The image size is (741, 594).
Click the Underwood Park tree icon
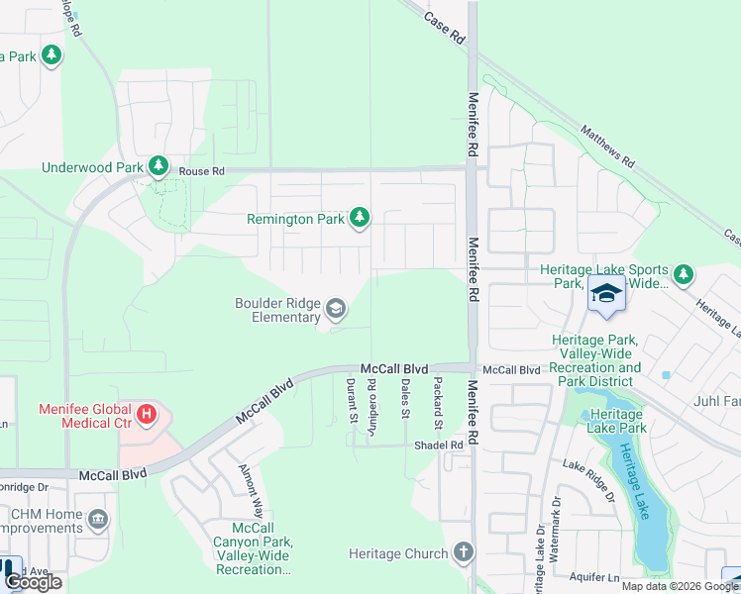[158, 165]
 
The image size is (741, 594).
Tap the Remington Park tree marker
[361, 217]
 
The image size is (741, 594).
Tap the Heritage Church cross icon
[463, 552]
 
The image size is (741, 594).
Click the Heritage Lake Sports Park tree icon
[683, 274]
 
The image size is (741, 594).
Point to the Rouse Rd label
[202, 171]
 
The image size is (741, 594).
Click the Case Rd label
[444, 27]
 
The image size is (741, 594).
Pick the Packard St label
[435, 398]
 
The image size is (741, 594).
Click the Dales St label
[405, 398]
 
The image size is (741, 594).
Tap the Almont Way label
[250, 490]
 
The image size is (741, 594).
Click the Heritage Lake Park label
[617, 422]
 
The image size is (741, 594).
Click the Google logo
[33, 582]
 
